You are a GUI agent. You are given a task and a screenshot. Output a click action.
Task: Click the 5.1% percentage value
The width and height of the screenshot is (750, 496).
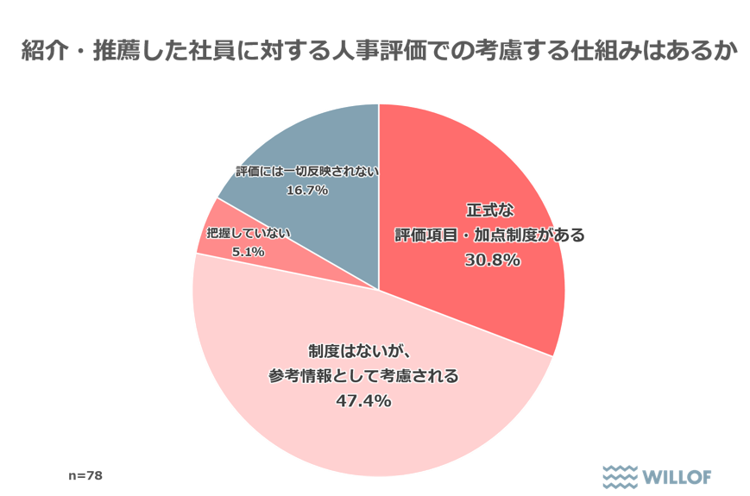(x=248, y=252)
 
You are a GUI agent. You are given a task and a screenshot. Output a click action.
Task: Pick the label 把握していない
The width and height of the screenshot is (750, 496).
(x=249, y=233)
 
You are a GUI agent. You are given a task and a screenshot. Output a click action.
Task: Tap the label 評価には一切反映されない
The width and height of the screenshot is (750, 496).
(x=307, y=171)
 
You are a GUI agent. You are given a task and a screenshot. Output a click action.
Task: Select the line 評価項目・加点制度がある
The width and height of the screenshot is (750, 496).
(x=491, y=235)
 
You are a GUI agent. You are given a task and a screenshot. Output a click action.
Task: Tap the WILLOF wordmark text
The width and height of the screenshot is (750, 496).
(x=678, y=475)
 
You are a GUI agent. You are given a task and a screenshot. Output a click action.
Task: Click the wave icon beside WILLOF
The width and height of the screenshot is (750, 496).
(x=620, y=475)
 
